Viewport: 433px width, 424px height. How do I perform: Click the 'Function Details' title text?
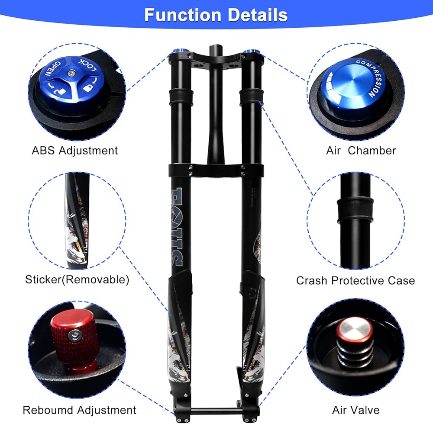(216, 15)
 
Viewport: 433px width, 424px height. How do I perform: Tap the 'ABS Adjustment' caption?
(74, 151)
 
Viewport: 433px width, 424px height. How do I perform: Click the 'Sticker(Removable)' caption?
(77, 279)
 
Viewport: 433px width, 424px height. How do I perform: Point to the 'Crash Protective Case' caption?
(355, 280)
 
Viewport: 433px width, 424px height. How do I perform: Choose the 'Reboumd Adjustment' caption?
(79, 410)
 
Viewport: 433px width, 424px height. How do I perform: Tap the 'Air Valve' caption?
(356, 410)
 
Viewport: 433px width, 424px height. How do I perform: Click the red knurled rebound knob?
(74, 342)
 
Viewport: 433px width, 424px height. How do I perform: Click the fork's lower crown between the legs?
(215, 170)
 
